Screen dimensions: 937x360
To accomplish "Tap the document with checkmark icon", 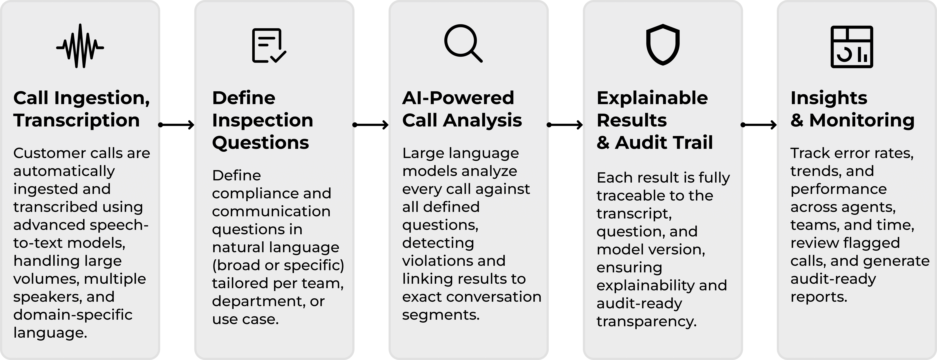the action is point(269,45).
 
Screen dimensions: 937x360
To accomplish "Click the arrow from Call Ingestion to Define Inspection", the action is point(176,125).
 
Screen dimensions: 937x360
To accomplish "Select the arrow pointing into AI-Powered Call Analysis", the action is point(371,125).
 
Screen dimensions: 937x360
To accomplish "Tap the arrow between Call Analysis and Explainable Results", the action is point(565,125).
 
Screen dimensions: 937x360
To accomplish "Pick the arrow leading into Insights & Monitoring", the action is point(759,125).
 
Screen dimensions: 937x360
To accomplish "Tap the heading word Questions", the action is point(260,143).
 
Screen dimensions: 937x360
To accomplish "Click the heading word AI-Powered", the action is point(458,98).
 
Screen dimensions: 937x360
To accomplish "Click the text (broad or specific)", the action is point(278,265).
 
